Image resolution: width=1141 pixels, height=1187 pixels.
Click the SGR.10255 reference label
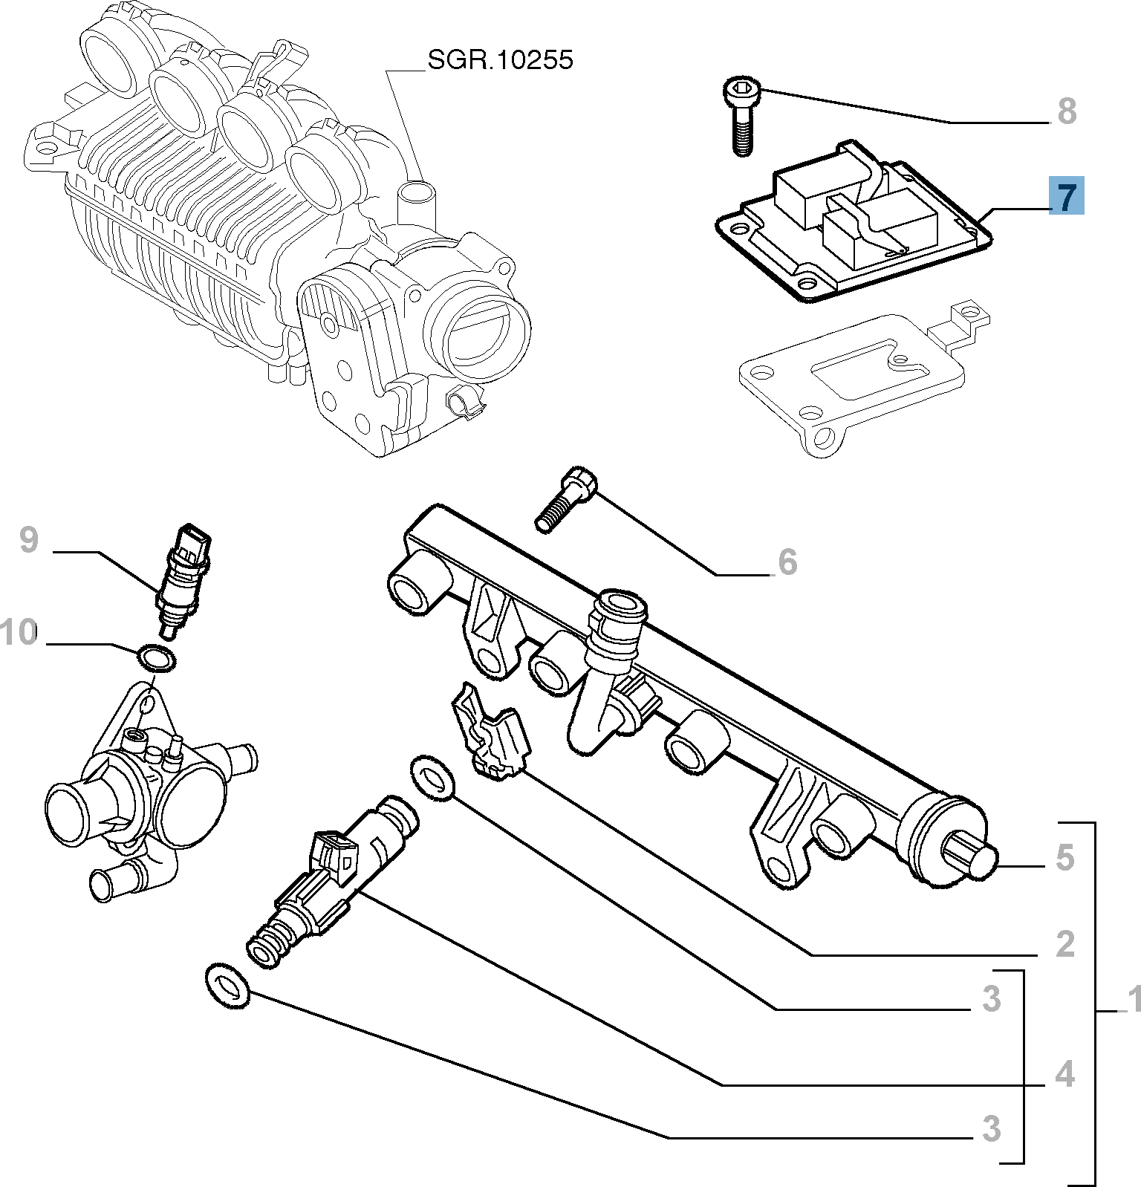click(500, 60)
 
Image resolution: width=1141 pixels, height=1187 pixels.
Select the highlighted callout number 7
click(1066, 196)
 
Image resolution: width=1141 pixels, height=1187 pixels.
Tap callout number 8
click(1066, 111)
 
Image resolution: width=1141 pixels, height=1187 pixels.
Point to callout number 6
click(787, 562)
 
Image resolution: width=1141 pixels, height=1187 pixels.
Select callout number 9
click(28, 539)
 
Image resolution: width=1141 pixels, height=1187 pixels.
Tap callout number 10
click(18, 633)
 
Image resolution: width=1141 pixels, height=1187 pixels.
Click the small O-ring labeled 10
click(156, 658)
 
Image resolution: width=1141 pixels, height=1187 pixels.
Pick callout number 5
click(1064, 857)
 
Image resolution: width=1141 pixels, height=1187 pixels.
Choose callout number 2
click(1064, 944)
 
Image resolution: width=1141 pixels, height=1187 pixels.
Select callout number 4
click(1064, 1074)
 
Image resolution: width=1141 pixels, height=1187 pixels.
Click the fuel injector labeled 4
click(327, 880)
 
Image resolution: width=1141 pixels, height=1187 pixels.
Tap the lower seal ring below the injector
click(226, 986)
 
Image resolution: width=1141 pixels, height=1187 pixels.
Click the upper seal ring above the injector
click(432, 778)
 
